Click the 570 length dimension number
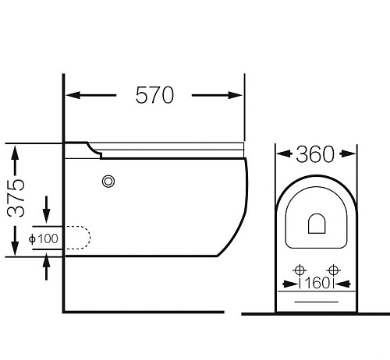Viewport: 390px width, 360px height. [154, 95]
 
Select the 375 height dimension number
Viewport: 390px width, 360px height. [16, 198]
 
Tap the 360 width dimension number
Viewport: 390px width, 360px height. [315, 154]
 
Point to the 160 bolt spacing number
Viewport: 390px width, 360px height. [317, 283]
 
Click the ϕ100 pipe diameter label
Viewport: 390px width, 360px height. [44, 238]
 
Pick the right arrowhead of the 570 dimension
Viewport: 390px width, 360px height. [236, 95]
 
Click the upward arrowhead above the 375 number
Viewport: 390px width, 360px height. [15, 154]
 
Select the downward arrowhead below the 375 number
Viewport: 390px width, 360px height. [15, 249]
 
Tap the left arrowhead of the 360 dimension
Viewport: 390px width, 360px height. [284, 154]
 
